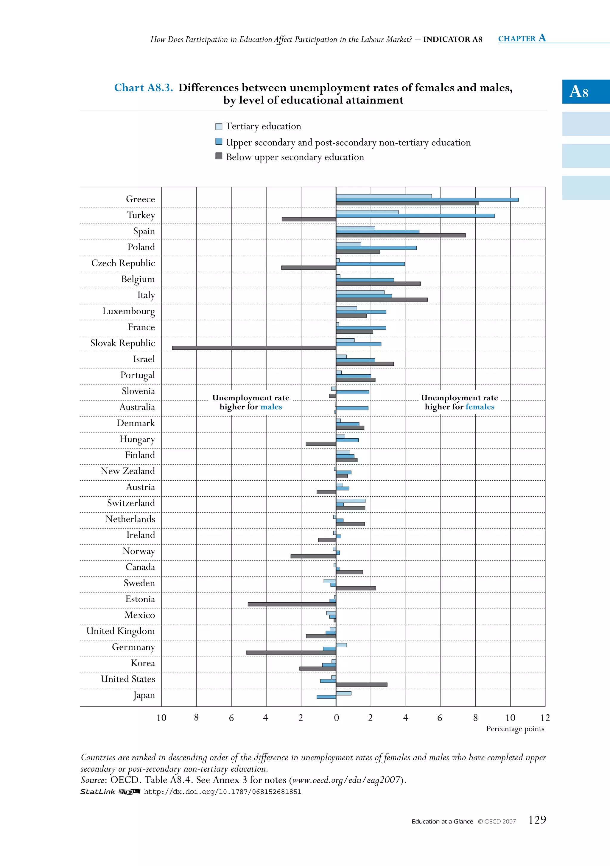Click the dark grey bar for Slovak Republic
[x=254, y=348]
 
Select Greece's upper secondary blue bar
[x=427, y=199]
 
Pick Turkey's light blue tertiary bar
[x=367, y=212]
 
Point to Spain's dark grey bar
[x=401, y=235]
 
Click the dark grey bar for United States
[x=361, y=684]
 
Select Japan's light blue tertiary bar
[x=343, y=693]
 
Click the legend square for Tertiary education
[x=219, y=126]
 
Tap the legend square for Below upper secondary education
[x=219, y=156]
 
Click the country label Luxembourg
[x=128, y=311]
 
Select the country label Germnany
[x=133, y=647]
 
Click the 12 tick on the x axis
[x=545, y=718]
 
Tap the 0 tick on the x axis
[x=336, y=718]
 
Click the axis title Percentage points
[x=515, y=729]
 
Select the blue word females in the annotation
[x=480, y=407]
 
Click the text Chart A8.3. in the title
[x=144, y=88]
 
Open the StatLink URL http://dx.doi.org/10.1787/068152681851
[x=222, y=792]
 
